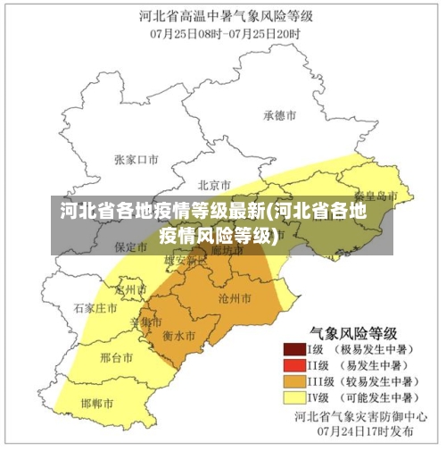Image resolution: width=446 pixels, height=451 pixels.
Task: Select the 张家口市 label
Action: [x=136, y=159]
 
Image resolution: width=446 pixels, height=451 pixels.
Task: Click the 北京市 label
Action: [x=215, y=185]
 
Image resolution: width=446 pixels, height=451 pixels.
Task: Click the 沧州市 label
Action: [x=234, y=296]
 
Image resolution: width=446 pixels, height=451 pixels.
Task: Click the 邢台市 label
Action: [x=117, y=357]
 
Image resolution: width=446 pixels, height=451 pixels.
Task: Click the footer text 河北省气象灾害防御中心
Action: [x=353, y=415]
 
